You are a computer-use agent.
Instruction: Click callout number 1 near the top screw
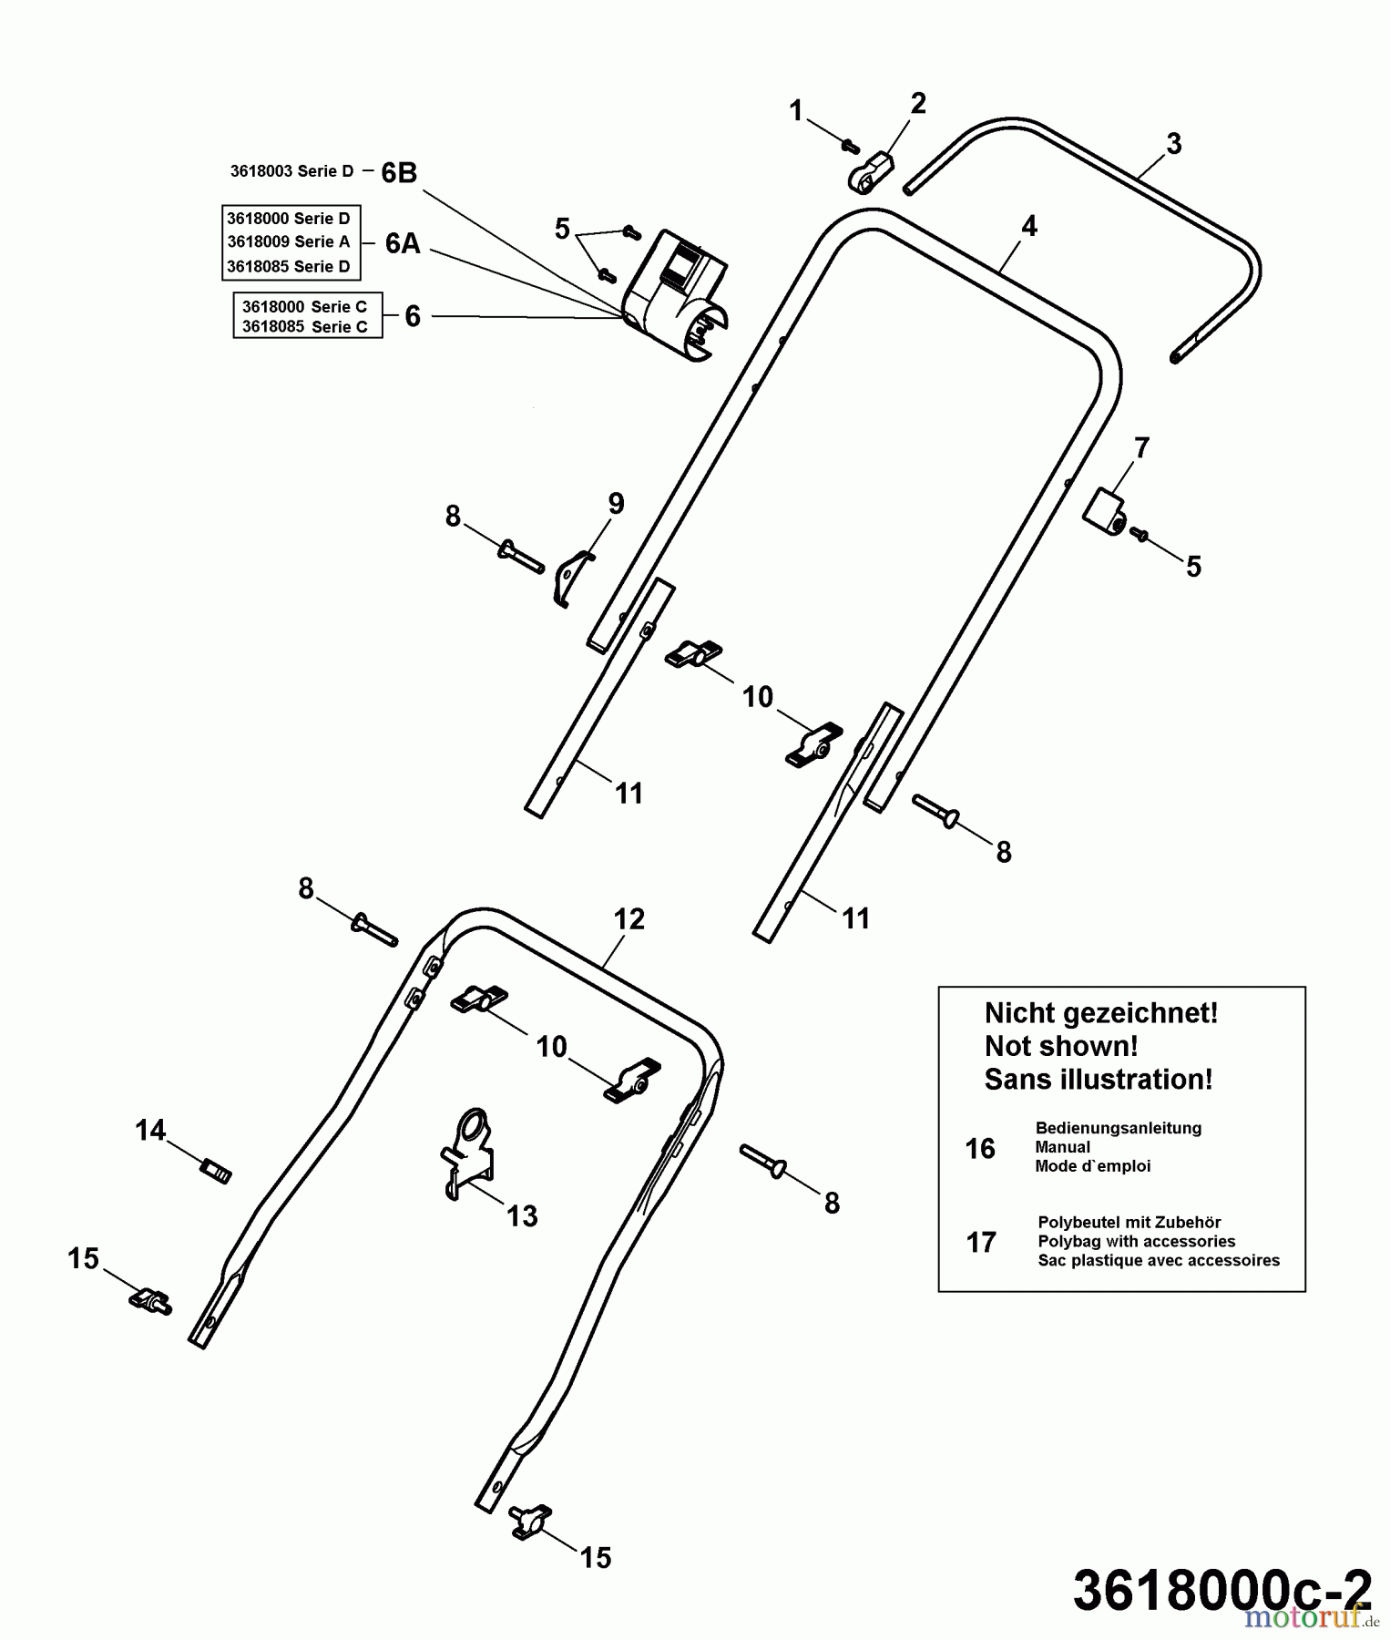(796, 111)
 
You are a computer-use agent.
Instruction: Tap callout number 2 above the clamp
(917, 103)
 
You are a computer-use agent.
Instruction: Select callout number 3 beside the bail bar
(1173, 144)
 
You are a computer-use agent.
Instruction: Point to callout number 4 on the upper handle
(1028, 226)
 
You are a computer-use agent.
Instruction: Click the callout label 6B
(399, 172)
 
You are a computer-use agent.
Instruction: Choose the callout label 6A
(403, 243)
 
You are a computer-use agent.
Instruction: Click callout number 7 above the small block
(1140, 447)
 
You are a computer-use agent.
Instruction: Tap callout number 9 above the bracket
(616, 503)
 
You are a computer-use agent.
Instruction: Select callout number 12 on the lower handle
(629, 918)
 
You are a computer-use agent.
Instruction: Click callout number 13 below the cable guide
(522, 1215)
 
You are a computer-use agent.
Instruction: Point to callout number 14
(150, 1131)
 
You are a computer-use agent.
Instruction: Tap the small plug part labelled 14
(216, 1170)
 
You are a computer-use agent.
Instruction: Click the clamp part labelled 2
(873, 172)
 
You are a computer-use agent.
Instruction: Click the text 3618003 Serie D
(291, 171)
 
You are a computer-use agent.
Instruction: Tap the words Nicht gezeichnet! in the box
(1100, 1013)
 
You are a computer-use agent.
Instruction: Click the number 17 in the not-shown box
(981, 1242)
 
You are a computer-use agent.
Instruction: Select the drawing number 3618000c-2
(1221, 1590)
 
